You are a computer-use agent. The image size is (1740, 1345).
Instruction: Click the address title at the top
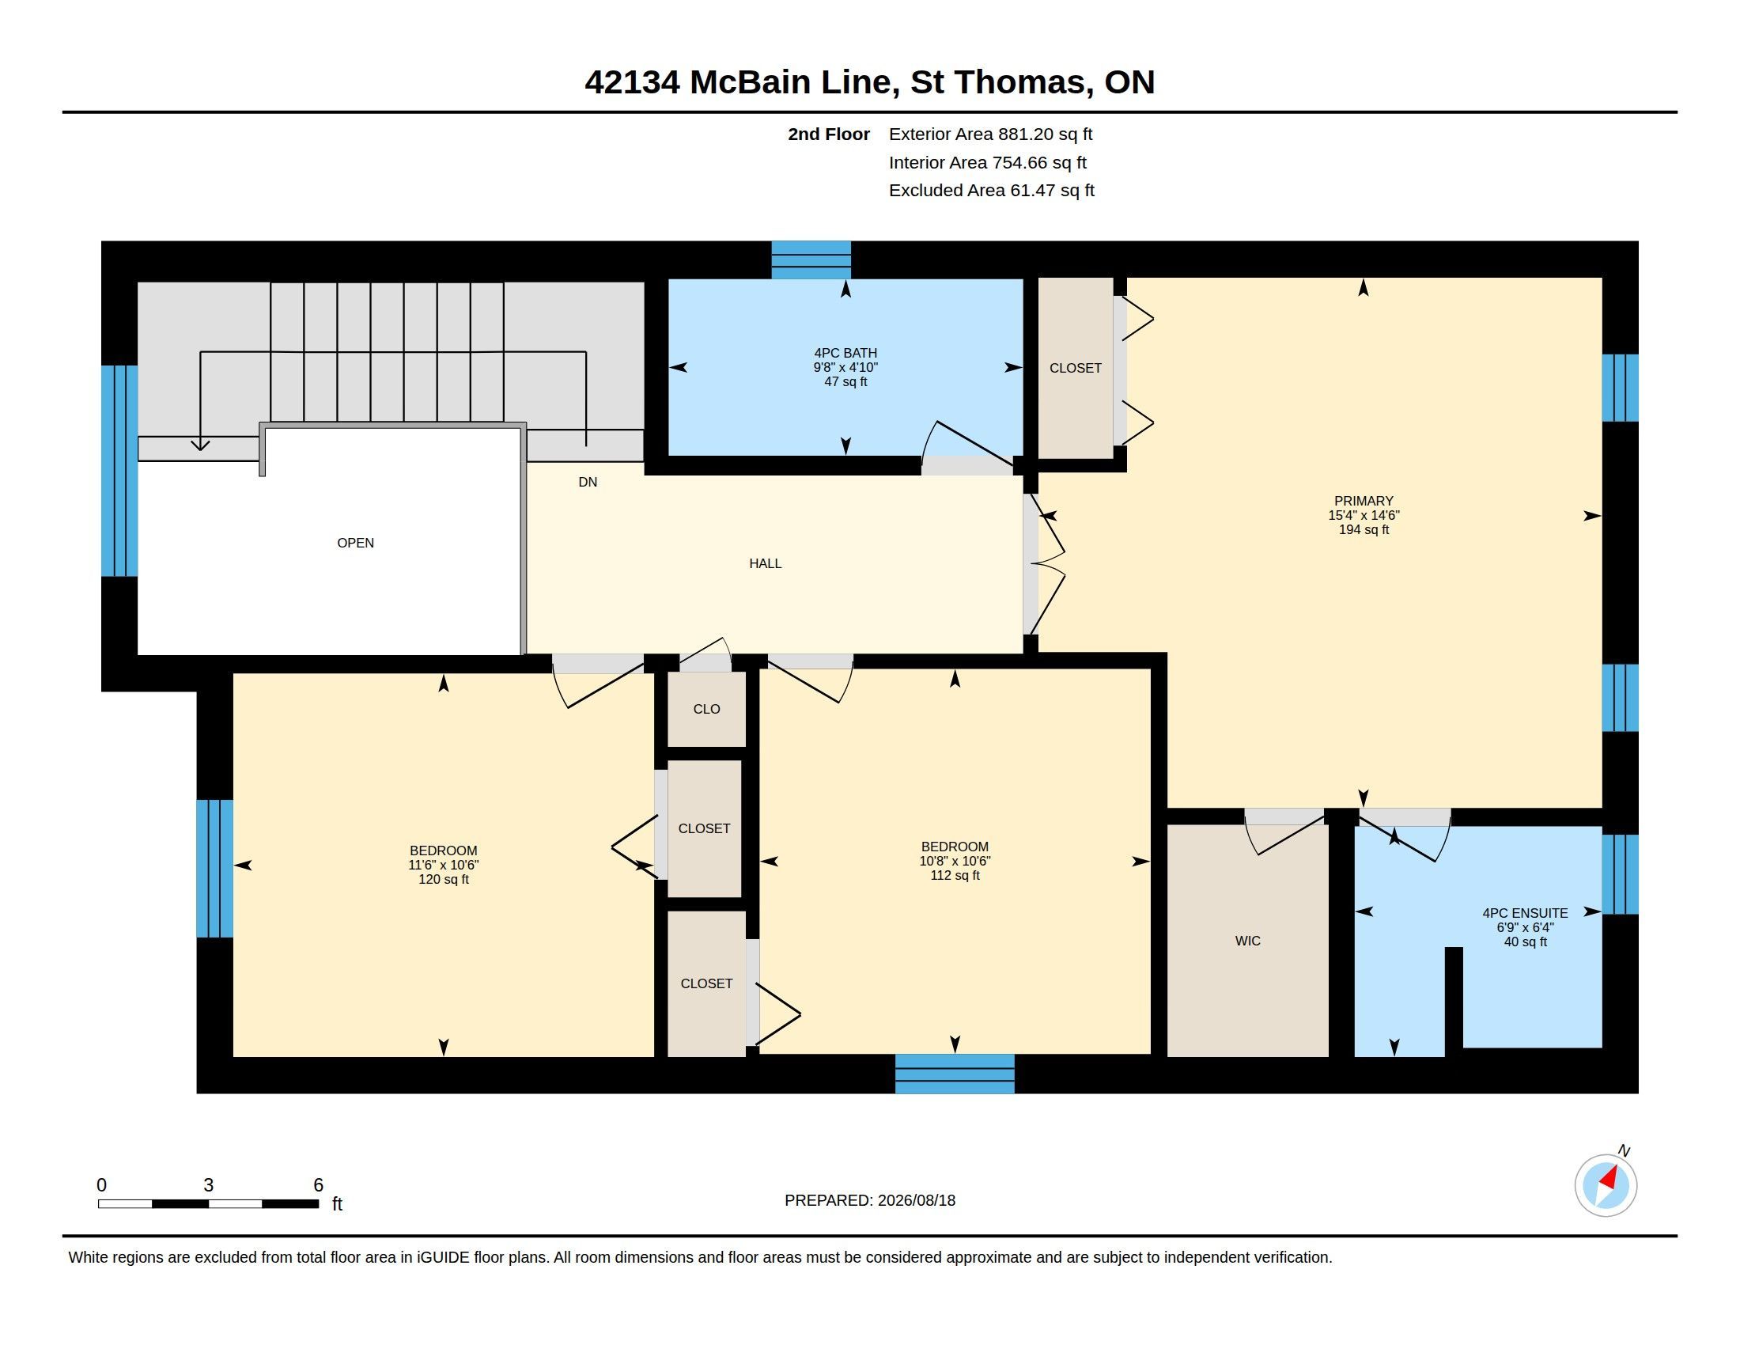(x=869, y=82)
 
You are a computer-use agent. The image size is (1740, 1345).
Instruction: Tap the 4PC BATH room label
(x=845, y=353)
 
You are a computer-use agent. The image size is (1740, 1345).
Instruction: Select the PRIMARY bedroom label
(x=1364, y=501)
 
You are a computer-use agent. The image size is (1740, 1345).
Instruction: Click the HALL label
(x=765, y=563)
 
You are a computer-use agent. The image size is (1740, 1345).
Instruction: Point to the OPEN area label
(x=355, y=543)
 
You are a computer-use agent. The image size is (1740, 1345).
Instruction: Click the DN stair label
(x=587, y=482)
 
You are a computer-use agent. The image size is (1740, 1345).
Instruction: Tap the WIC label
(x=1247, y=941)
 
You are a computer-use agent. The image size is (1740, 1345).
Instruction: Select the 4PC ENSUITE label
(x=1525, y=913)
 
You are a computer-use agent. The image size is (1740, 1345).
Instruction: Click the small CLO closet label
(x=706, y=709)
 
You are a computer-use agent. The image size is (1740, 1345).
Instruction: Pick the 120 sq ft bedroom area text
(x=444, y=880)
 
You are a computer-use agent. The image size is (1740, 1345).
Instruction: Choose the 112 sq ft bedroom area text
(x=955, y=876)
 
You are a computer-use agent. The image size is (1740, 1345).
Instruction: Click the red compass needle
(x=1609, y=1179)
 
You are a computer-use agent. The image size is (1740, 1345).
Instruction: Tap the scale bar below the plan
(x=208, y=1203)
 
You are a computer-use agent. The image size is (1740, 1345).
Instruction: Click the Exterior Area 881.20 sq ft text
(x=990, y=134)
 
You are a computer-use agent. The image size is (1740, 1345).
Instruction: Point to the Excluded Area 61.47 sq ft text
(x=991, y=191)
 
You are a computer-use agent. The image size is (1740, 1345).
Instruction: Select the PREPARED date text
(x=869, y=1200)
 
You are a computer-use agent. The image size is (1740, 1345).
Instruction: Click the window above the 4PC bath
(x=811, y=260)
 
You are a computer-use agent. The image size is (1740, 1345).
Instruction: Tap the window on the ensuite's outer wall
(x=1621, y=874)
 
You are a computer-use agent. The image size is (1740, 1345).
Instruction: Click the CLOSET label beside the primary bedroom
(x=1075, y=368)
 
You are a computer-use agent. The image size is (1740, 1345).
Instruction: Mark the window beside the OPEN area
(x=119, y=470)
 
